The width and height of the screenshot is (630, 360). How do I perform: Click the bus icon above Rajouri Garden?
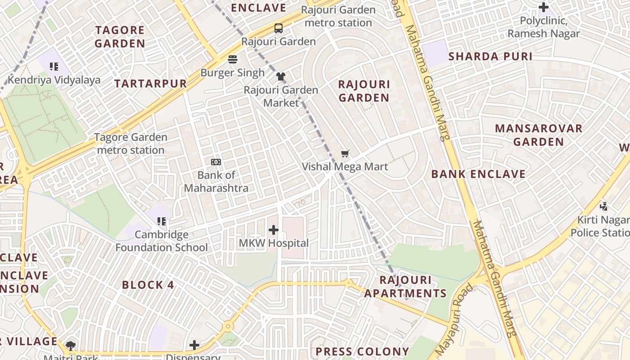pyautogui.click(x=279, y=28)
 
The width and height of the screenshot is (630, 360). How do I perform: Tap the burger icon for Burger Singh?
pyautogui.click(x=233, y=59)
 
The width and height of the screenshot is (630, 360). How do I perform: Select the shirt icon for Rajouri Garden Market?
pyautogui.click(x=281, y=76)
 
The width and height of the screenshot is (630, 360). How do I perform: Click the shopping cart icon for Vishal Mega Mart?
pyautogui.click(x=345, y=154)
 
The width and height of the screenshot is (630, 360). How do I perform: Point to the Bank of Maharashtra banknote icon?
pyautogui.click(x=216, y=162)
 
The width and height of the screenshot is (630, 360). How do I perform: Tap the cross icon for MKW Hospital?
pyautogui.click(x=274, y=230)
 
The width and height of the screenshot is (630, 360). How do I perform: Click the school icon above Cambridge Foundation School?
pyautogui.click(x=162, y=221)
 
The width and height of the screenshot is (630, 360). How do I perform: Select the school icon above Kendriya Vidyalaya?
pyautogui.click(x=54, y=67)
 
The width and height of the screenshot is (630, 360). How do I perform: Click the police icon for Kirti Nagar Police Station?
pyautogui.click(x=603, y=206)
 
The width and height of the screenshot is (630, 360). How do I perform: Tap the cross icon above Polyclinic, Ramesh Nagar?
pyautogui.click(x=544, y=7)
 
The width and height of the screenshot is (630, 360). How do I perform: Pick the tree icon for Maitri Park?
pyautogui.click(x=70, y=346)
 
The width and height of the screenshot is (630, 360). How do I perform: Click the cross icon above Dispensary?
pyautogui.click(x=194, y=345)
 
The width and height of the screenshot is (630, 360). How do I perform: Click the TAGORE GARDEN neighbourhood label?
pyautogui.click(x=120, y=37)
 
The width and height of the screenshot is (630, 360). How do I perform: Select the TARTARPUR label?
pyautogui.click(x=150, y=84)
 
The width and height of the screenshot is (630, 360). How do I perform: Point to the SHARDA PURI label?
pyautogui.click(x=490, y=57)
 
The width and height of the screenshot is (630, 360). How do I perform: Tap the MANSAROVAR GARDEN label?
pyautogui.click(x=539, y=135)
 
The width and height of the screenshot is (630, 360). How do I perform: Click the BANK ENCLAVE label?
pyautogui.click(x=478, y=174)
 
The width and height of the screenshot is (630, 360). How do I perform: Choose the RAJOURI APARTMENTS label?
pyautogui.click(x=405, y=287)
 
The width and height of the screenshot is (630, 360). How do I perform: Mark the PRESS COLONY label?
pyautogui.click(x=362, y=351)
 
